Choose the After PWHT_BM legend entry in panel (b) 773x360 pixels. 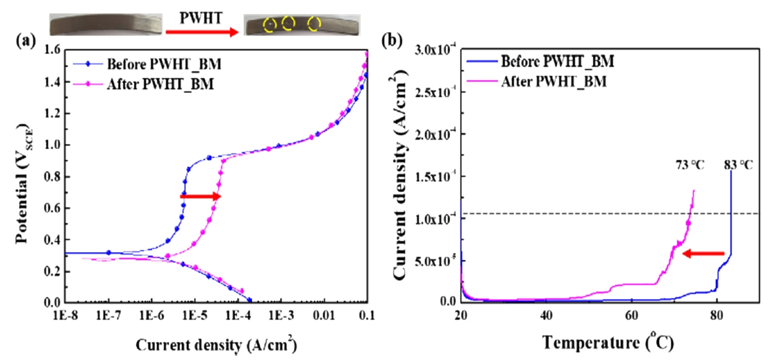(x=554, y=81)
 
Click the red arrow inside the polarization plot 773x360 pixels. (x=201, y=197)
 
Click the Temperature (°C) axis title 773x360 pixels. (x=609, y=342)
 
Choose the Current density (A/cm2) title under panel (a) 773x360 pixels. (x=216, y=345)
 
